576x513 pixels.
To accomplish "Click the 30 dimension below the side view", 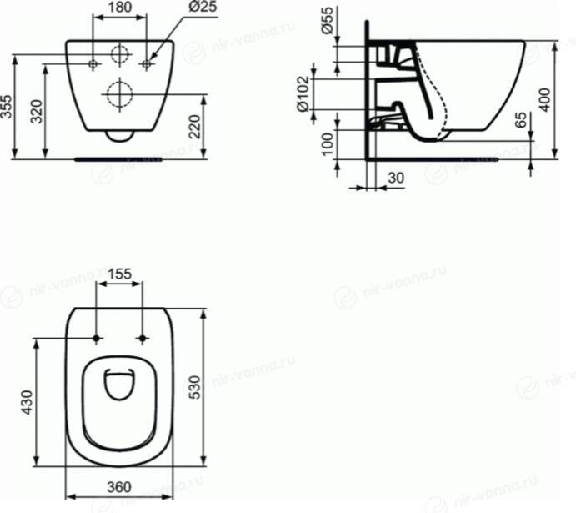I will pyautogui.click(x=396, y=177).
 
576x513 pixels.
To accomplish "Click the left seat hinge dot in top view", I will pyautogui.click(x=98, y=338).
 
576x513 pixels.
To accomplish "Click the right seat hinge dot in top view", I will pyautogui.click(x=143, y=338).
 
